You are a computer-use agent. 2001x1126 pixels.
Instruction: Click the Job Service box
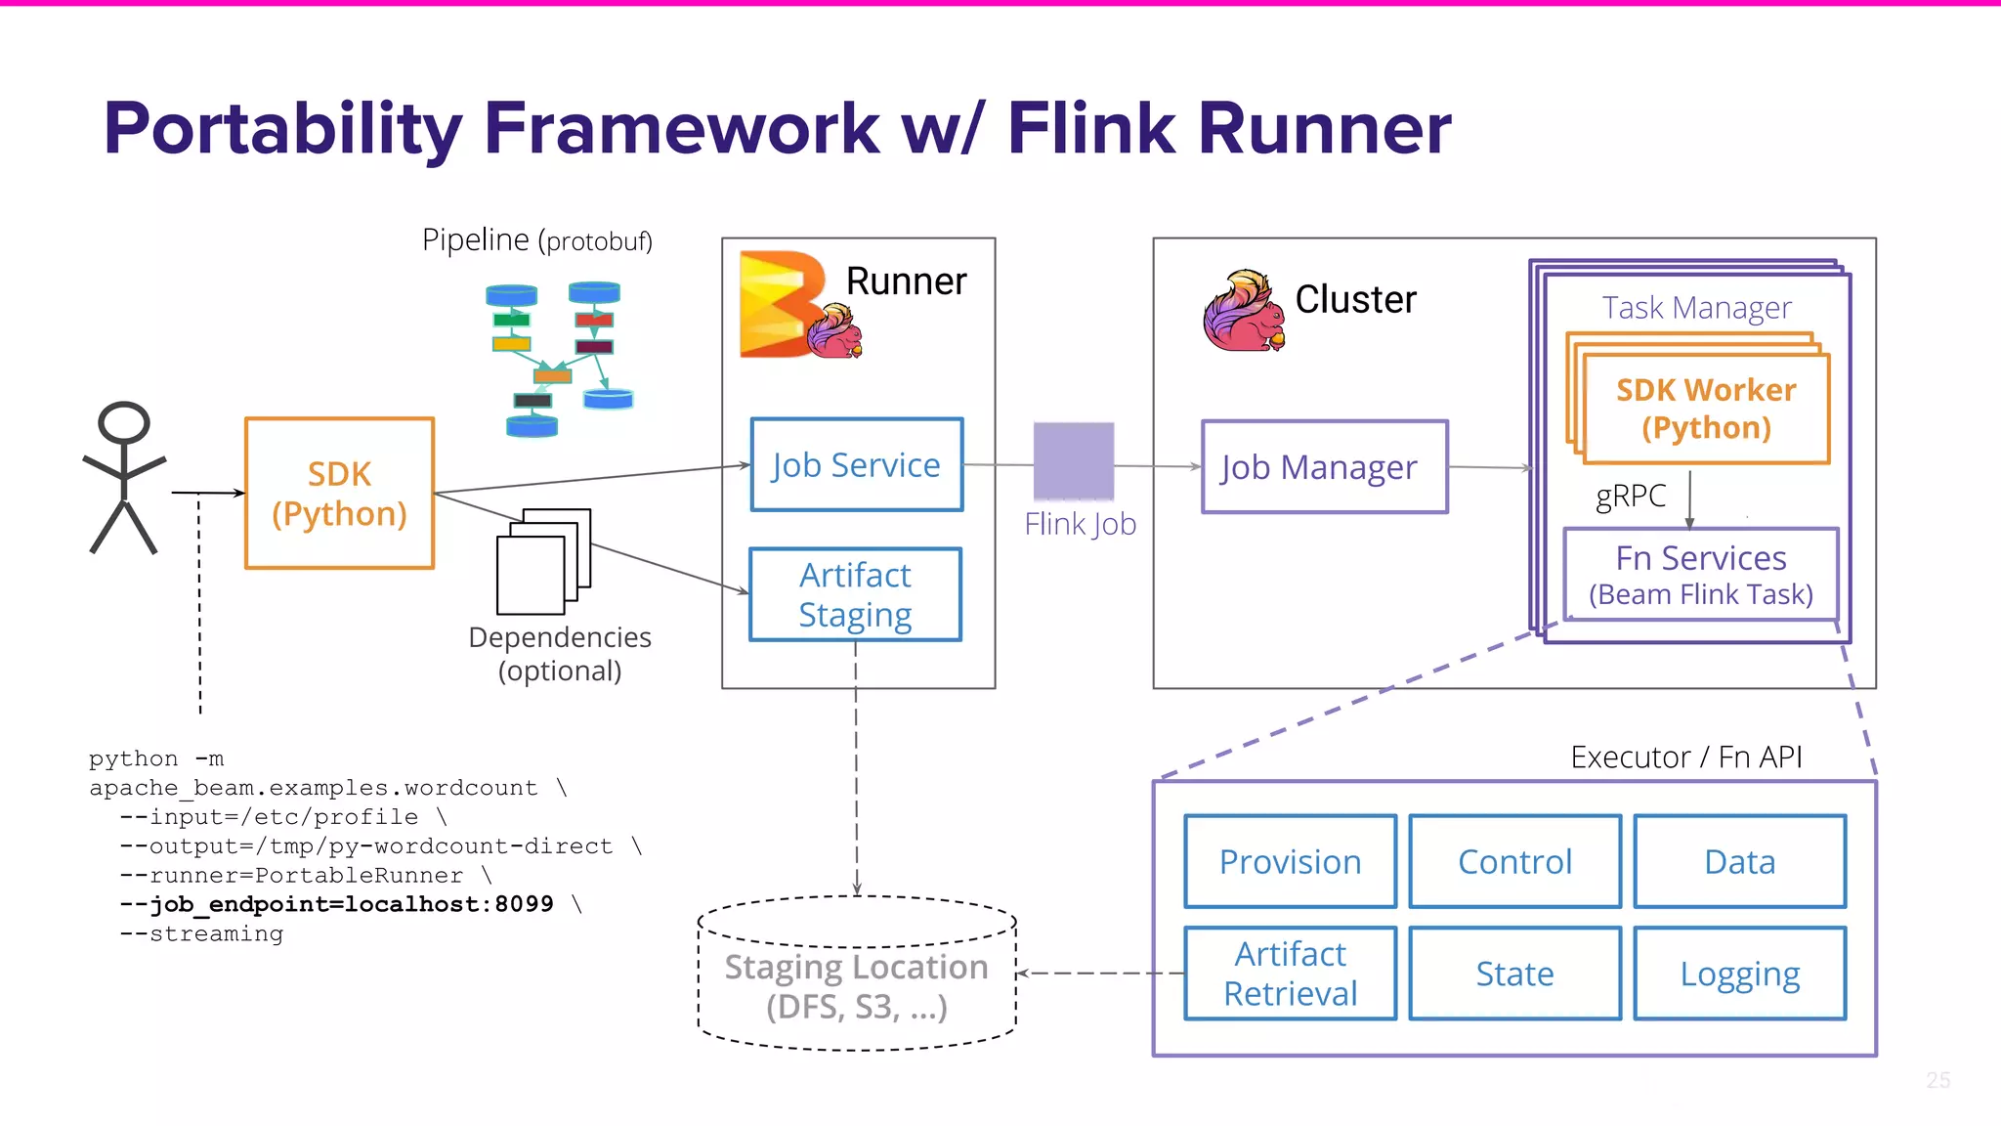856,465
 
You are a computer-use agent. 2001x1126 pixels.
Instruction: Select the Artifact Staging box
855,594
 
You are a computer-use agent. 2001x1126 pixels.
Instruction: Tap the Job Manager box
1324,467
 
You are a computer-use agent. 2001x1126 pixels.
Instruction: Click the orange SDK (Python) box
339,494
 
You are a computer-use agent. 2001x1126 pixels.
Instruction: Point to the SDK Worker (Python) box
1706,409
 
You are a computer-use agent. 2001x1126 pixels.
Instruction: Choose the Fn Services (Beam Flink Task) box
1700,575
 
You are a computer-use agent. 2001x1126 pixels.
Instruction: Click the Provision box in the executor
1290,861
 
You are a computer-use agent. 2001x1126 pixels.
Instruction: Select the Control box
1514,861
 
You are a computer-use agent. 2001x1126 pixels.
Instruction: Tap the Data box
1739,861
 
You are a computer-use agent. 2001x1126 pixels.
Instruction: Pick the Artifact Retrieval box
1290,974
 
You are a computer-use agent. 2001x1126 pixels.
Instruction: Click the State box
1514,974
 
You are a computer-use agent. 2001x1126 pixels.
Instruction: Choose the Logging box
1739,974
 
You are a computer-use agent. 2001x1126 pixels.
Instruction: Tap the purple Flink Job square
1074,460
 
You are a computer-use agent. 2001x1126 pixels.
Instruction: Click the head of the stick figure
124,423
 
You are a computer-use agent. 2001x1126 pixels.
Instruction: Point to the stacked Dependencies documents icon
543,561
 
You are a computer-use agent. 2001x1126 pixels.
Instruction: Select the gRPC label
1630,496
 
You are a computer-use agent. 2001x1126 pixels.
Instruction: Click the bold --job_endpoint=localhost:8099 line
336,904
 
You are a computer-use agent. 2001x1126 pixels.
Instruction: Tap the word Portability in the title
282,129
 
